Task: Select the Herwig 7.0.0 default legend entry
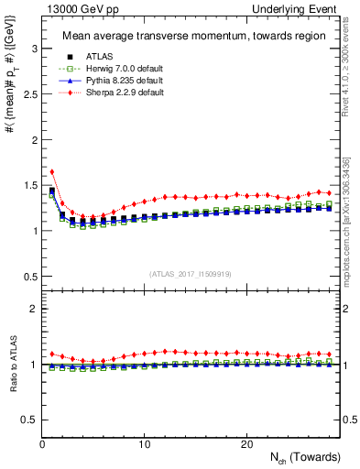[111, 67]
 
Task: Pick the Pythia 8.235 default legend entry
[110, 80]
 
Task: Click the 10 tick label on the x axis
[144, 444]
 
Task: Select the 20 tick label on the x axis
[246, 444]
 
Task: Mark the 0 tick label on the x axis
[42, 444]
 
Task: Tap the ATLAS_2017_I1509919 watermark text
[191, 273]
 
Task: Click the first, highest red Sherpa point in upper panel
[52, 171]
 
